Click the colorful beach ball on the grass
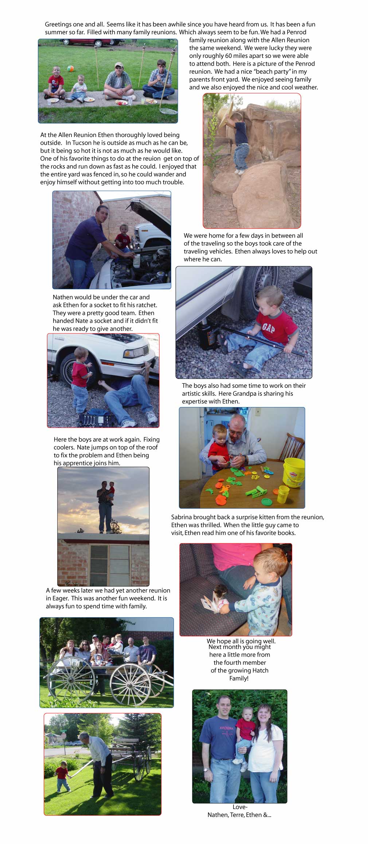(71, 68)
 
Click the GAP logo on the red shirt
(268, 328)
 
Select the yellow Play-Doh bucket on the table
(294, 472)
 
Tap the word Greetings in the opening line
(58, 24)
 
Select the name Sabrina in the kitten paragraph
(182, 517)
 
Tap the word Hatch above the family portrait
(260, 671)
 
